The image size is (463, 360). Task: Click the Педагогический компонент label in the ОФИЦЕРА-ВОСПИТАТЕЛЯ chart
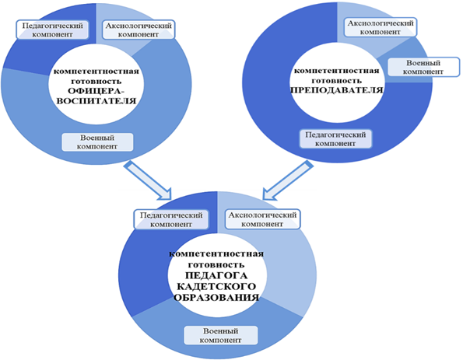point(52,30)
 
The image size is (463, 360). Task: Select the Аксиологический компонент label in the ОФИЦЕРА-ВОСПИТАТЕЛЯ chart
point(139,30)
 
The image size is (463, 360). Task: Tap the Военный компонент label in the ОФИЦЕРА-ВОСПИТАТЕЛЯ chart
point(97,142)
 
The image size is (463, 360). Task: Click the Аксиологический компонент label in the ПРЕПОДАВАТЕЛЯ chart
point(381,27)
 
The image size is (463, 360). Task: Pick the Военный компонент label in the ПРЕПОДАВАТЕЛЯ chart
point(423,67)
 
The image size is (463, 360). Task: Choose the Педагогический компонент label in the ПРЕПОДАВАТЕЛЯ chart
point(335,139)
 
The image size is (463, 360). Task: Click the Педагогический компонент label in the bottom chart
point(171,219)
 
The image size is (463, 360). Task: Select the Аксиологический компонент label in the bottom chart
point(262,219)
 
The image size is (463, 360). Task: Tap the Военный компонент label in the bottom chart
point(221,335)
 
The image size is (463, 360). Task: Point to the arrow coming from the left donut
point(148,180)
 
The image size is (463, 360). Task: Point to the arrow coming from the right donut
point(288,180)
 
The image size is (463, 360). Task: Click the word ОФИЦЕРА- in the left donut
point(96,91)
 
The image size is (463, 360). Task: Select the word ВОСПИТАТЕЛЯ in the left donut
point(96,101)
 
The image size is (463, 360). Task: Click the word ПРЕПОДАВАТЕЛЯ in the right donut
point(337,89)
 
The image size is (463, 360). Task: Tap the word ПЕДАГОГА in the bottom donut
point(216,275)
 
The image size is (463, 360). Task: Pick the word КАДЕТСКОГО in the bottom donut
point(216,287)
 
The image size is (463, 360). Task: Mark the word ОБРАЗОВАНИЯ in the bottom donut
point(216,297)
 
